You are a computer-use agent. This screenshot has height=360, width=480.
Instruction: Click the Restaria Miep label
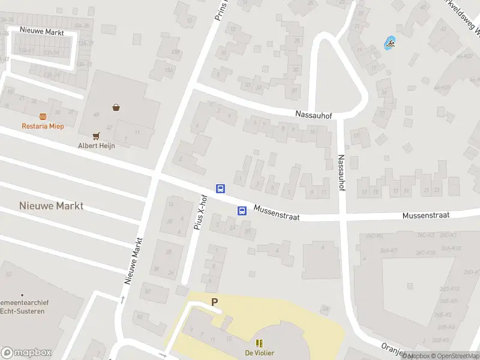43,126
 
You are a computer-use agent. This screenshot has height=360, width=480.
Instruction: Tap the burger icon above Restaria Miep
43,116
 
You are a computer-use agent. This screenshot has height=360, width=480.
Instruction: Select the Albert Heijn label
96,145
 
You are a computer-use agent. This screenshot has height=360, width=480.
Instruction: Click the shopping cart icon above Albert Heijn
95,136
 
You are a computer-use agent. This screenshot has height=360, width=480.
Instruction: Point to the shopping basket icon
115,107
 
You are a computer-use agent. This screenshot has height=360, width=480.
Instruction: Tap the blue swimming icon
391,43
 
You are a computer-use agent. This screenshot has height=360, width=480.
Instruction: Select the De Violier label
259,353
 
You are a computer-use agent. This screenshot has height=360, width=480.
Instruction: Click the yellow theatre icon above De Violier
260,343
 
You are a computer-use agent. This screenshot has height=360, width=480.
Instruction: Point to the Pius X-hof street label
203,212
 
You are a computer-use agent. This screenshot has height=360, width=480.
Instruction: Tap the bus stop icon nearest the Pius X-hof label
221,188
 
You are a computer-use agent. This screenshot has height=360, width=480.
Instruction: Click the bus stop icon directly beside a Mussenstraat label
242,211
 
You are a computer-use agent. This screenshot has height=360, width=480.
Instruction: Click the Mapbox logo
26,353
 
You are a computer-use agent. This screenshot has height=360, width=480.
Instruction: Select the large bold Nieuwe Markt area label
51,206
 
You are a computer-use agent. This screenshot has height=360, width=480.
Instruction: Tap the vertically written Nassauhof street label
341,173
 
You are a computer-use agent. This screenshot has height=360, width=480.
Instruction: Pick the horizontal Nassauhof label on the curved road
313,114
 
